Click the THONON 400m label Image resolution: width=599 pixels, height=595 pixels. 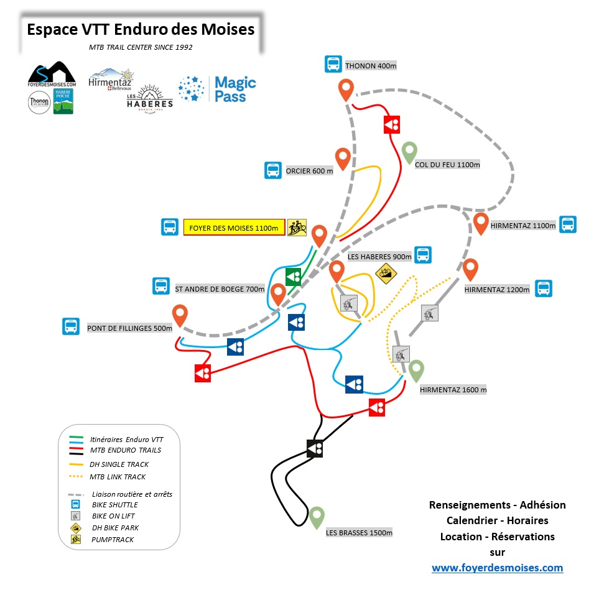pos(370,66)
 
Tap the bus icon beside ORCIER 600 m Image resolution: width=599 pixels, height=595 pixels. pos(272,170)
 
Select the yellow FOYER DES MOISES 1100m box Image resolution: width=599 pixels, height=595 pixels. pos(234,228)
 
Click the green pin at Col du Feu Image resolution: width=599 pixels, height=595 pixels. pos(409,151)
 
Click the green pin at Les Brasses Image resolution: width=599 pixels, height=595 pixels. pos(317,517)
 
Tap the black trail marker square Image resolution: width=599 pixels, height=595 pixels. pos(315,448)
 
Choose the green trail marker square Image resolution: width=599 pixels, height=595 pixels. pos(293,277)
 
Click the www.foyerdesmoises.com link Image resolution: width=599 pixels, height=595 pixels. pos(497,567)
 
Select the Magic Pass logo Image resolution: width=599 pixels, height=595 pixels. pos(217,90)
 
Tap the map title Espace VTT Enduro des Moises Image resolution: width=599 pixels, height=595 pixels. pos(141,29)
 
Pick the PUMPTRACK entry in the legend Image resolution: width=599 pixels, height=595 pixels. pos(113,540)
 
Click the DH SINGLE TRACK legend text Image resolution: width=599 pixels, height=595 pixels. pos(120,464)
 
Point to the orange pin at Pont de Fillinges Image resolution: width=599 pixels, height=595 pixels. pos(180,315)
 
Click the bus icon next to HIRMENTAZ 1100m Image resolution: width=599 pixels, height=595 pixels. pos(567,225)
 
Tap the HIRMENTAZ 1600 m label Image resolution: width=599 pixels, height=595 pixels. pos(453,390)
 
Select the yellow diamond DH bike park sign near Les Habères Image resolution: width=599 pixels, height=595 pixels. pos(387,273)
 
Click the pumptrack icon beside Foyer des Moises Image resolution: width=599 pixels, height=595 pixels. pos(297,228)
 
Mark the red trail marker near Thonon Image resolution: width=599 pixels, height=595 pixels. pos(392,124)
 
